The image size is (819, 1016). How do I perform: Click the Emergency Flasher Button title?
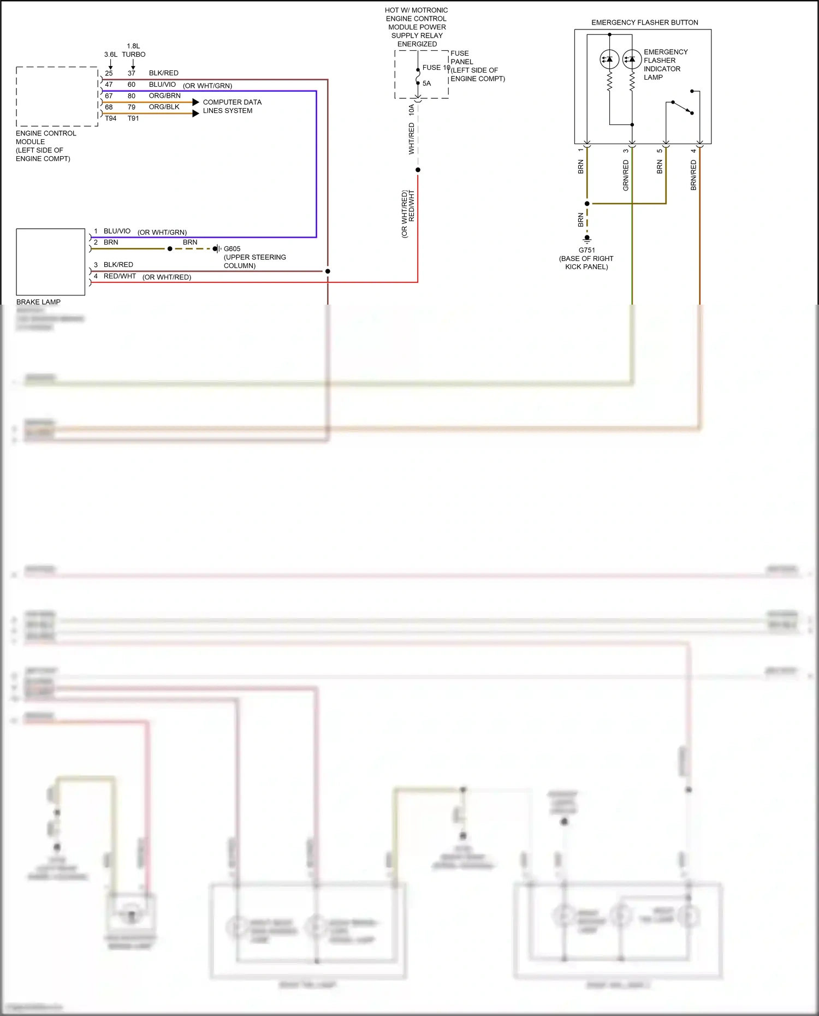pos(644,22)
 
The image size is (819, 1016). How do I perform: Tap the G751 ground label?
pos(586,250)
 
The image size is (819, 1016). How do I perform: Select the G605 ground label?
pos(232,248)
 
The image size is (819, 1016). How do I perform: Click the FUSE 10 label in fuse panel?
pos(436,68)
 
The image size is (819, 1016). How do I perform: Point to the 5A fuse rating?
pos(426,84)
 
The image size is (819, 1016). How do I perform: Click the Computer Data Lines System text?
pos(232,106)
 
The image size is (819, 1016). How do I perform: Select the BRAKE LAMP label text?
pos(38,302)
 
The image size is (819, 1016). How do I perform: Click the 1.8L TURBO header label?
pos(133,50)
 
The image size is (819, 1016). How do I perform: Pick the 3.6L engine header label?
pos(110,55)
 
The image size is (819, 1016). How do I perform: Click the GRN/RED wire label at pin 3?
pos(626,175)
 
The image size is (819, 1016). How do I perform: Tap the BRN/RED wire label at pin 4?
pos(693,175)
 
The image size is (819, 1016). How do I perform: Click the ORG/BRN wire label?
pos(164,96)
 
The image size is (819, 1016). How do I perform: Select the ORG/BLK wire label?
pos(164,107)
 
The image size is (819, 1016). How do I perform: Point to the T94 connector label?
pos(110,118)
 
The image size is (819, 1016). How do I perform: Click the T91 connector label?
pos(133,118)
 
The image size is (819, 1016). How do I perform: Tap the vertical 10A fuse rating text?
pos(412,109)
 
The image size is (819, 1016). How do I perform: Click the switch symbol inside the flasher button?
pos(682,106)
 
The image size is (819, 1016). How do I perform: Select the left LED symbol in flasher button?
pos(609,59)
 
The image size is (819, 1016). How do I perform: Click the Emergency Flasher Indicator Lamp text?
pos(665,64)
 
